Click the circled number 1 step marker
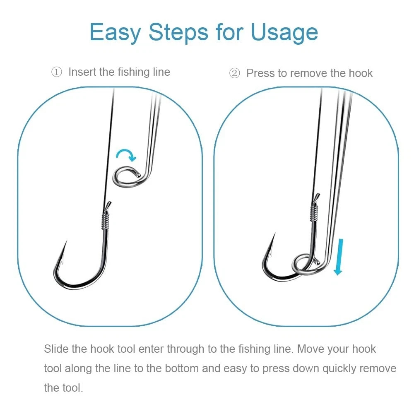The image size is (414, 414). click(x=56, y=72)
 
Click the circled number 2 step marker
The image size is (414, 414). click(x=234, y=74)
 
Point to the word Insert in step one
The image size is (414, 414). click(x=82, y=72)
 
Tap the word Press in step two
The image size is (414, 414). click(x=260, y=73)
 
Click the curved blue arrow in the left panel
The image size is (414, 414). click(x=125, y=155)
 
